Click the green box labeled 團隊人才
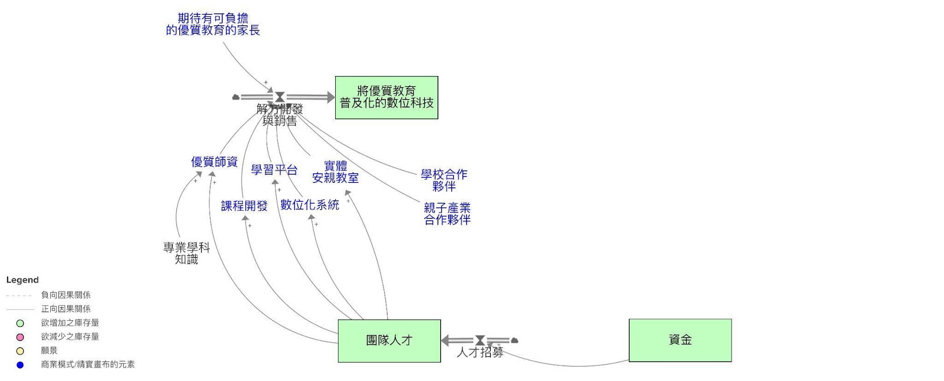pos(389,340)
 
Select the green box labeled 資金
pos(680,340)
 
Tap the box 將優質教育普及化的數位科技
pos(386,97)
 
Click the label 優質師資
pos(214,162)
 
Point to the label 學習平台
pos(274,170)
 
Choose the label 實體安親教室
pos(335,172)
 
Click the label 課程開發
pos(244,206)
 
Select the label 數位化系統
pos(310,205)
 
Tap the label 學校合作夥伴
pos(444,180)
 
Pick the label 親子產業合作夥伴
pos(447,214)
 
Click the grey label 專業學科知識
pos(186,253)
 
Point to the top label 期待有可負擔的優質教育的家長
pos(213,24)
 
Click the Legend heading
pos(22,280)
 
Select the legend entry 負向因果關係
pos(65,295)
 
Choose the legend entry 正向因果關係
pos(65,309)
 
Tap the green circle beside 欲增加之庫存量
pos(20,323)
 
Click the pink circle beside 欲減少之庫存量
pos(20,337)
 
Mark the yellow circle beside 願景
pos(20,351)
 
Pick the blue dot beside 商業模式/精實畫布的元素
pos(20,365)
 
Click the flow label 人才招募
pos(480,353)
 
